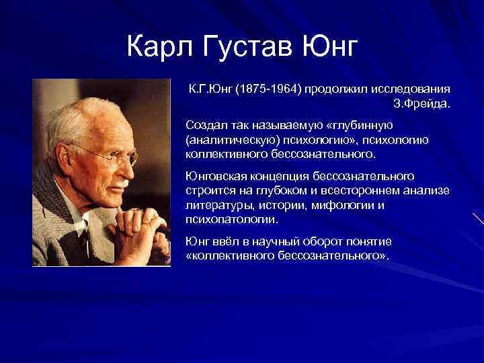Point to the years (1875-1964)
click(267, 89)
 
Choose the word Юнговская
click(214, 176)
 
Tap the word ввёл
click(226, 241)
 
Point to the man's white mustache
click(121, 180)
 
